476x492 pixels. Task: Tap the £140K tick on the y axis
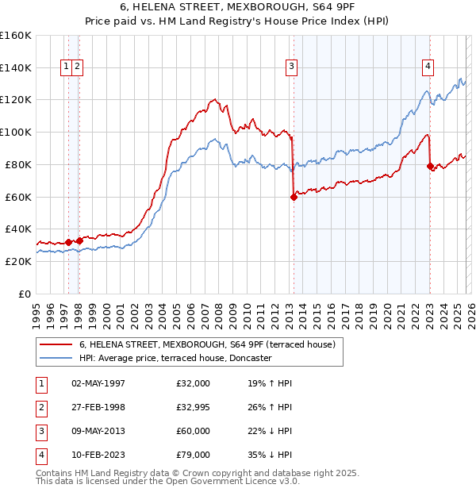[x=16, y=67]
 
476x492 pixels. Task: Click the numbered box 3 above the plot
[x=292, y=67]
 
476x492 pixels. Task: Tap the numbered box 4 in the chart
[x=428, y=67]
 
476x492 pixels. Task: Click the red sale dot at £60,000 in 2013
[x=294, y=197]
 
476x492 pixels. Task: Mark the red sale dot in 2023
[x=430, y=166]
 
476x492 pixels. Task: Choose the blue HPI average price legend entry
[x=175, y=358]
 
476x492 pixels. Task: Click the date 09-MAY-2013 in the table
[x=98, y=431]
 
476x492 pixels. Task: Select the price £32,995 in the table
[x=194, y=407]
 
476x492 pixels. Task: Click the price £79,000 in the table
[x=194, y=455]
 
